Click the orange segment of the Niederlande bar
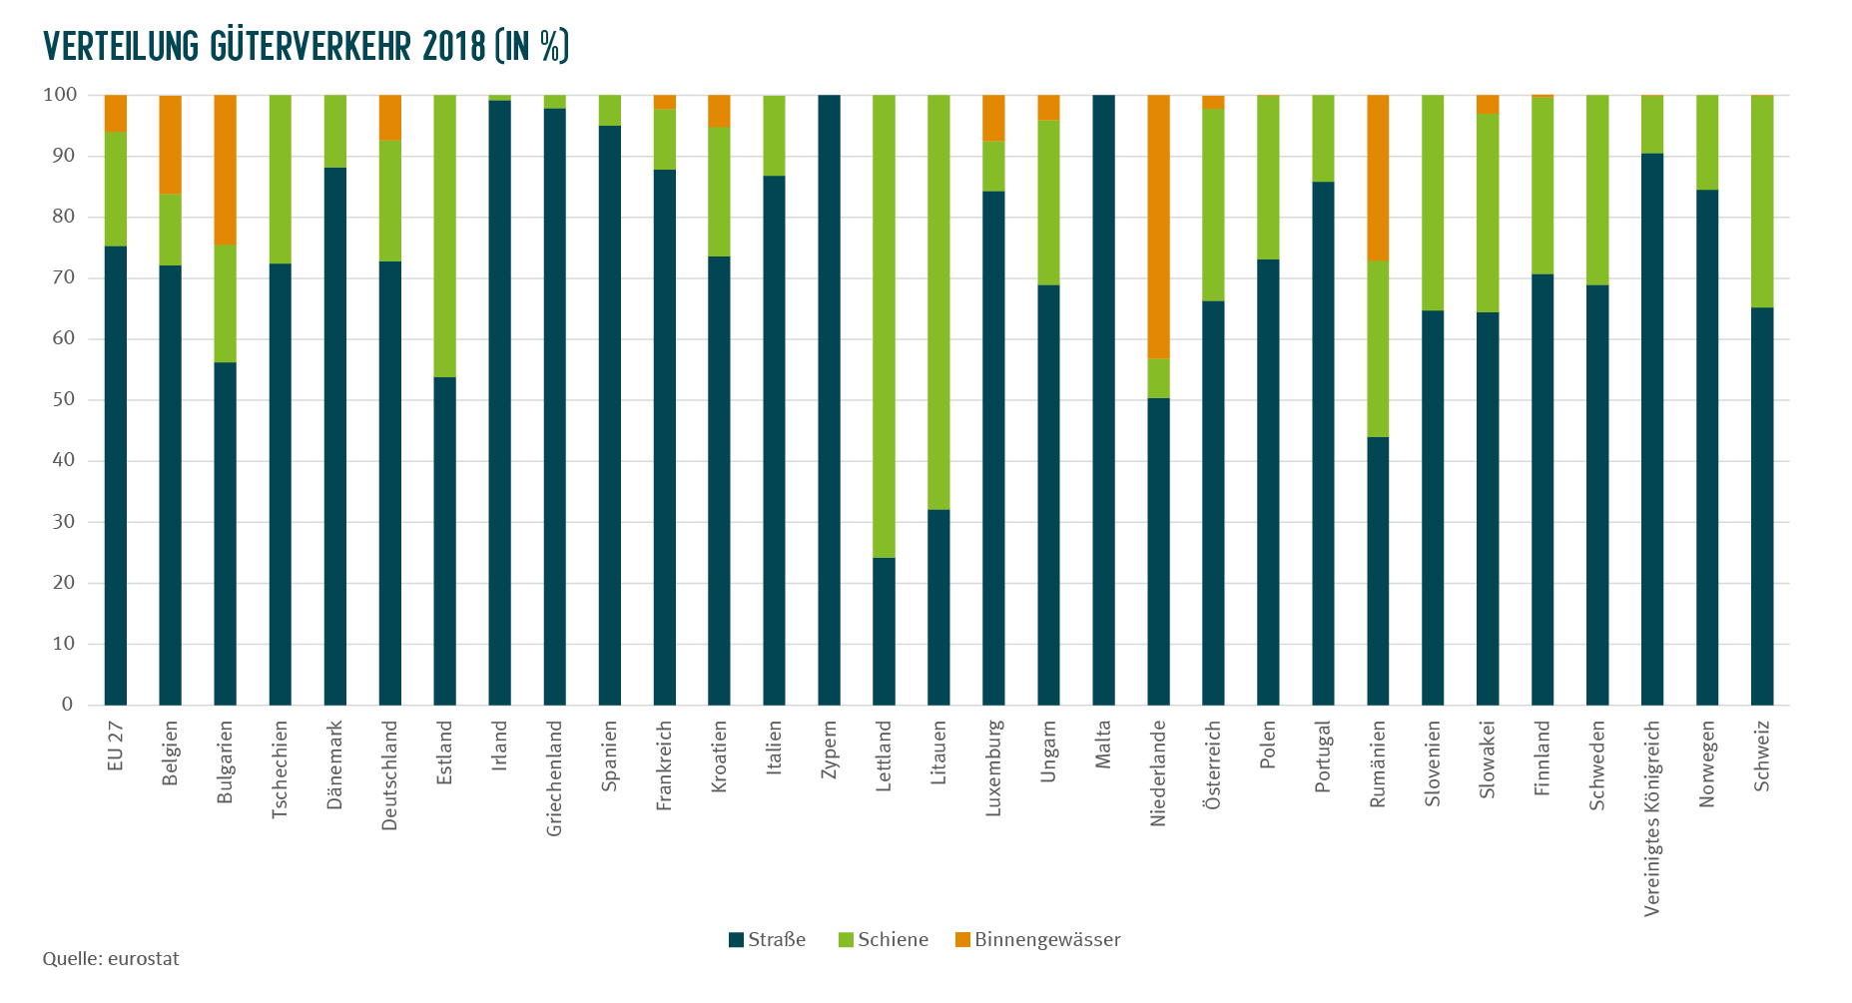click(x=1158, y=227)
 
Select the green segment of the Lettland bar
click(x=884, y=326)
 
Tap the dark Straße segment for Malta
click(x=1103, y=400)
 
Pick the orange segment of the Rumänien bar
click(x=1378, y=178)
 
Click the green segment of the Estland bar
click(x=444, y=237)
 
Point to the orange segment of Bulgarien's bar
click(x=226, y=170)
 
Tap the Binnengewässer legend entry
click(x=1037, y=940)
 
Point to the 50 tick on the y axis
click(x=64, y=399)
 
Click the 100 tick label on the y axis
click(x=60, y=95)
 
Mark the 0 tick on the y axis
click(x=68, y=705)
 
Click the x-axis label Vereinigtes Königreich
click(x=1652, y=818)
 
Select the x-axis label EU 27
click(x=116, y=747)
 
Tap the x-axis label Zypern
click(x=829, y=751)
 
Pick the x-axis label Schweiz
click(x=1762, y=756)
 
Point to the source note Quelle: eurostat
click(x=111, y=959)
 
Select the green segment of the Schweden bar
click(x=1597, y=191)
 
